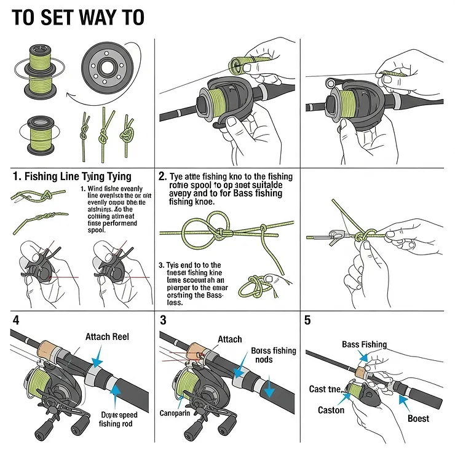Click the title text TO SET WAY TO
point(77,17)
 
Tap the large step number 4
point(16,320)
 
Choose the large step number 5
point(308,320)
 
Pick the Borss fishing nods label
point(273,355)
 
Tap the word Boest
point(418,419)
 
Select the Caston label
point(331,410)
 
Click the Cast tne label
point(325,389)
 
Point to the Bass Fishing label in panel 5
point(364,344)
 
